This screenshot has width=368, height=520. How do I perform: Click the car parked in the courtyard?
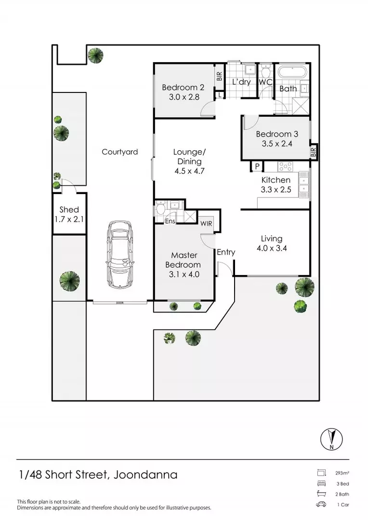(119, 253)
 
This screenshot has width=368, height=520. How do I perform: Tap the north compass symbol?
(331, 439)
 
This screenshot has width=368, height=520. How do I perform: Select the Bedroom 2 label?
(183, 88)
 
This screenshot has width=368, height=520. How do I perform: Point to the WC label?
(266, 82)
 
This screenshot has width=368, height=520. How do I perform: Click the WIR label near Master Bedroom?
(206, 223)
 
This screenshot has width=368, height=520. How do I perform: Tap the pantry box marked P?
(257, 167)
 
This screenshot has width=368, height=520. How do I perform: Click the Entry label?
(226, 252)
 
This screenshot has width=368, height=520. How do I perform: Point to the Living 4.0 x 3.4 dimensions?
(272, 249)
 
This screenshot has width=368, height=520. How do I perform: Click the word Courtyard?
(119, 152)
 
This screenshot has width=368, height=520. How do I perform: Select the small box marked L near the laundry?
(220, 95)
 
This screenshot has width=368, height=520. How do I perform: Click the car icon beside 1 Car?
(320, 504)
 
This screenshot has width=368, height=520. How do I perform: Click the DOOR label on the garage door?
(119, 303)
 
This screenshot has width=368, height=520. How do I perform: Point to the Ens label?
(170, 221)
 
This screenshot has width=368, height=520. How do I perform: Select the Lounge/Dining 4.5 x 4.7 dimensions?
(188, 170)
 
